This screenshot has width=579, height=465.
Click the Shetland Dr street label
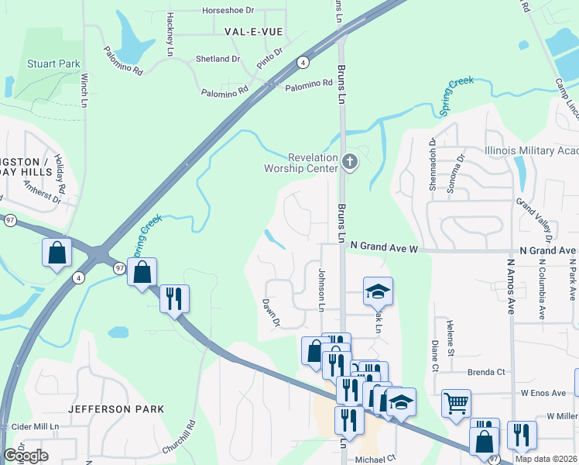[219, 59]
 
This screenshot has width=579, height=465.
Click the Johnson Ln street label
[321, 290]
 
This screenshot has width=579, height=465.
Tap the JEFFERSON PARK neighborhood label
[116, 408]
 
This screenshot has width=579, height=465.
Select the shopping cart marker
[456, 403]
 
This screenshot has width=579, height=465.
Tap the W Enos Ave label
[543, 393]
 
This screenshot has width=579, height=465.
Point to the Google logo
[26, 456]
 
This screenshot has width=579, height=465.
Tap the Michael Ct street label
[375, 458]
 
